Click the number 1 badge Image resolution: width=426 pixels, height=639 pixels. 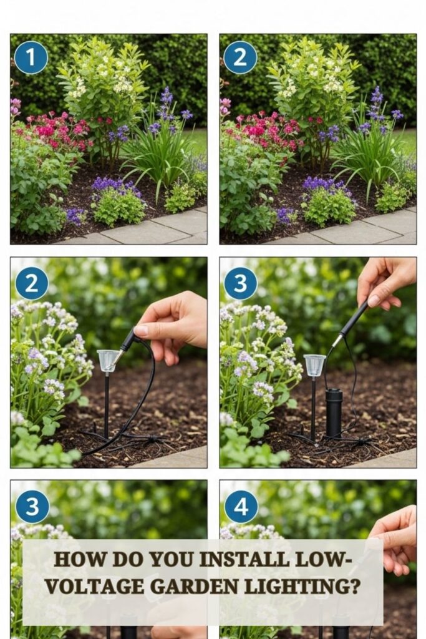click(31, 58)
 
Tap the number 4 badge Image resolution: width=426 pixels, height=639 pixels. click(241, 506)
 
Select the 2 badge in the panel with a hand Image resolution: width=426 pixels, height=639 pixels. click(31, 283)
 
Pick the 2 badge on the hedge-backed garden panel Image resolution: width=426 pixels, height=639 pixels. click(240, 58)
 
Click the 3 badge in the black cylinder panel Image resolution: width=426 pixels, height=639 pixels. click(241, 283)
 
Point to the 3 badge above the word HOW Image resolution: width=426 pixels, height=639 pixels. click(31, 506)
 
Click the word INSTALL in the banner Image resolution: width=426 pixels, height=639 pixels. click(244, 559)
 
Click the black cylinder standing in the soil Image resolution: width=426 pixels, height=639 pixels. click(334, 412)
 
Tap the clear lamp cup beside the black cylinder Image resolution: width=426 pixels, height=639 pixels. click(314, 365)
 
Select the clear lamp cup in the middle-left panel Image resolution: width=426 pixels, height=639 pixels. click(107, 360)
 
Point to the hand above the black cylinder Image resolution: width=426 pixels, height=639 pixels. click(387, 281)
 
